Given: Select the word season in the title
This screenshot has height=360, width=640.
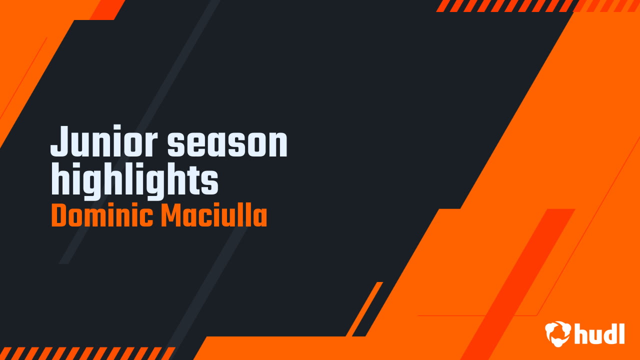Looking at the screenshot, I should point(227,142).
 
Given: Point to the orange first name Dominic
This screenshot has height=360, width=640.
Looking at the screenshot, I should point(102,216).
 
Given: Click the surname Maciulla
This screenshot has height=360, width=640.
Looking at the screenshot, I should point(214,216).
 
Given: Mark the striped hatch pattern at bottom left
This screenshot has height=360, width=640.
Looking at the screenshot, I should point(85,353).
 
